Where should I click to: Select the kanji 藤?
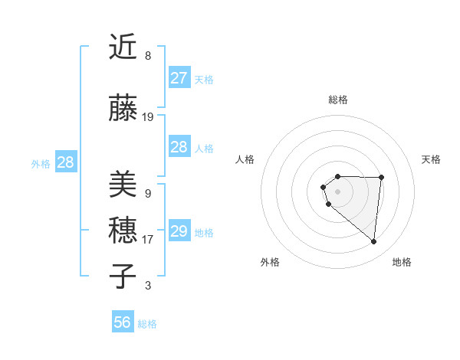pyautogui.click(x=123, y=109)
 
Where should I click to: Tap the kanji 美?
pyautogui.click(x=123, y=185)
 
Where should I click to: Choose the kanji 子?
pyautogui.click(x=123, y=277)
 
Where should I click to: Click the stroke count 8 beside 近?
pyautogui.click(x=148, y=56)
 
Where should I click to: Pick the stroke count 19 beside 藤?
pyautogui.click(x=148, y=117)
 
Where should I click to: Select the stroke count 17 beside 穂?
pyautogui.click(x=148, y=240)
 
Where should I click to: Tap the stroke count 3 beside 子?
pyautogui.click(x=148, y=286)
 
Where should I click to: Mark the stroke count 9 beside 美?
pyautogui.click(x=148, y=194)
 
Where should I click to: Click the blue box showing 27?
pyautogui.click(x=179, y=78)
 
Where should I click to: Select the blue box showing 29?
pyautogui.click(x=179, y=231)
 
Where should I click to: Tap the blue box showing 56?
pyautogui.click(x=123, y=322)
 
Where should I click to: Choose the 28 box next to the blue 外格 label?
pyautogui.click(x=65, y=162)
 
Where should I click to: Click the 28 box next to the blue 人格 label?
pyautogui.click(x=179, y=147)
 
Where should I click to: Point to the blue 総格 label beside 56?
pyautogui.click(x=147, y=324)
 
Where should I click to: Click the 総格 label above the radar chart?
pyautogui.click(x=338, y=100)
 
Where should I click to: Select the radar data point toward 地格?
pyautogui.click(x=373, y=242)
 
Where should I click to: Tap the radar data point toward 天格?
pyautogui.click(x=382, y=178)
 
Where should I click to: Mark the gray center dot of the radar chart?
pyautogui.click(x=338, y=191)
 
